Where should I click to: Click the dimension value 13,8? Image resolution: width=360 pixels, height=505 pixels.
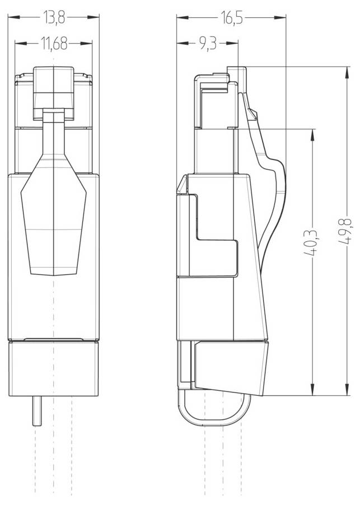pyautogui.click(x=54, y=18)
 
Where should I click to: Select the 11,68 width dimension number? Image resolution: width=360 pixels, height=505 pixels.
pyautogui.click(x=54, y=44)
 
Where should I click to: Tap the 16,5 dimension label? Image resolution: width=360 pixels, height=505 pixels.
pyautogui.click(x=231, y=18)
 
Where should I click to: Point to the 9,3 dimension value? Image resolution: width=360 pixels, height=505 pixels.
pyautogui.click(x=207, y=44)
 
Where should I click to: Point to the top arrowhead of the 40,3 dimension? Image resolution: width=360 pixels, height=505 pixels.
pyautogui.click(x=312, y=133)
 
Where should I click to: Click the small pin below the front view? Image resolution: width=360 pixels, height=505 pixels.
pyautogui.click(x=37, y=411)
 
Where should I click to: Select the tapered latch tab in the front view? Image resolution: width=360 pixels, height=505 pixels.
pyautogui.click(x=53, y=218)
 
